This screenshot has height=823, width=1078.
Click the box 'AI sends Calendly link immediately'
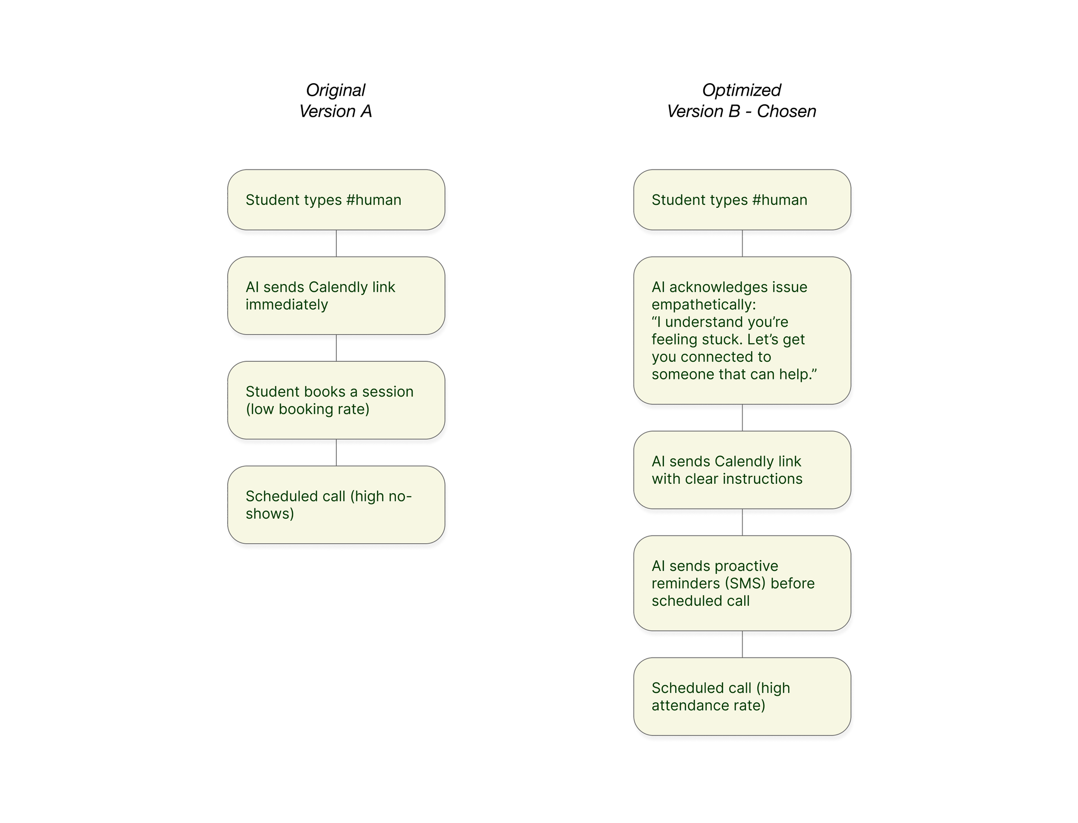coord(336,296)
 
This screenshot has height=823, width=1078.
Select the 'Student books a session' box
coord(336,400)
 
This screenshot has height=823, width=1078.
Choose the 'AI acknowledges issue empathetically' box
coord(742,331)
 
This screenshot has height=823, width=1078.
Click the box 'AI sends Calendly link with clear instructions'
coord(742,470)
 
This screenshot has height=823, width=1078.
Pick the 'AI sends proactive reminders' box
coord(742,583)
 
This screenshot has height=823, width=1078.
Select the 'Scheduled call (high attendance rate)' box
coord(742,697)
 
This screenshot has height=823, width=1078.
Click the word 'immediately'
coord(287,305)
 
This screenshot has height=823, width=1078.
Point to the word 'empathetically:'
coord(704,305)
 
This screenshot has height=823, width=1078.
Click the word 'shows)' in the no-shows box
coord(270,514)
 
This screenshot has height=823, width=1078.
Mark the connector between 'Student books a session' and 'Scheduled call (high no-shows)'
coord(336,453)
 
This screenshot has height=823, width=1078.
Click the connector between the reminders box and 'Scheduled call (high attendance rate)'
coord(742,644)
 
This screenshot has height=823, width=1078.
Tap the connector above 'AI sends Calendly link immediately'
coord(336,244)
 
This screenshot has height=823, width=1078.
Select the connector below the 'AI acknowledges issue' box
coord(742,418)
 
